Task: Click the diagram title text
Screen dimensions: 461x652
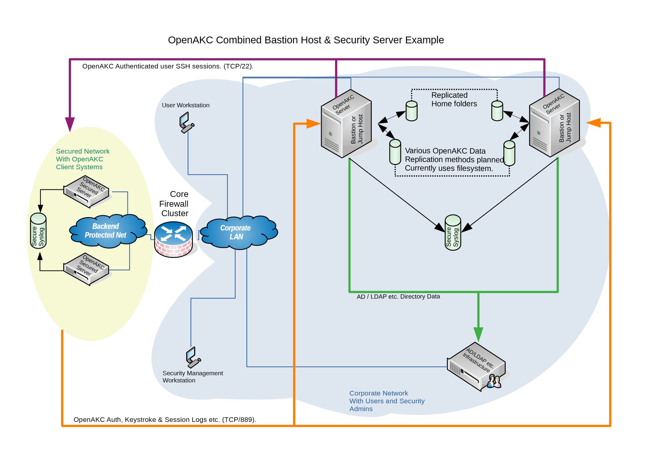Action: tap(305, 40)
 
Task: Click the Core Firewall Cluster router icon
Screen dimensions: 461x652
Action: tap(173, 239)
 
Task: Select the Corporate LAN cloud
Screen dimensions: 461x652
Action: tap(238, 232)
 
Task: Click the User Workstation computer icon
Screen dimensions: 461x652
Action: tap(186, 122)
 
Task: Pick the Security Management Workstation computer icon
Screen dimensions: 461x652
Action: tap(193, 357)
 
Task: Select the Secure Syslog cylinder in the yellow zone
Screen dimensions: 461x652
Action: tap(38, 231)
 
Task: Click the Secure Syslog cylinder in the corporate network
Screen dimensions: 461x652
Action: tap(453, 232)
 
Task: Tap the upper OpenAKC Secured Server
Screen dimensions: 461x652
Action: tap(86, 192)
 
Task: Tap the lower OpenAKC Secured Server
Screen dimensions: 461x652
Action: tap(86, 269)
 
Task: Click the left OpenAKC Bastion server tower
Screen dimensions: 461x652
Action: tap(346, 124)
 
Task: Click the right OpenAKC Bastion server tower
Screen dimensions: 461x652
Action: tap(554, 123)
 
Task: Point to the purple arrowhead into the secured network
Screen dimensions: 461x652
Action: tap(70, 124)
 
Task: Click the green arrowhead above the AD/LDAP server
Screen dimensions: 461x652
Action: tap(478, 334)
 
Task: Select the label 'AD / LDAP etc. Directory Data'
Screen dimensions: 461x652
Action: tap(398, 296)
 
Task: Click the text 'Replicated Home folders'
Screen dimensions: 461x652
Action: tap(453, 99)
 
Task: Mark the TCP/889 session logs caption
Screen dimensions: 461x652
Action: tap(165, 420)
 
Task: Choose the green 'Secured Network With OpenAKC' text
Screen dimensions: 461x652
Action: tap(82, 159)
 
